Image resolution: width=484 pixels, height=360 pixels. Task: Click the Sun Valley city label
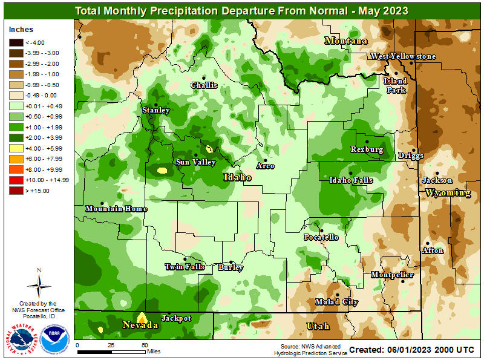pos(196,162)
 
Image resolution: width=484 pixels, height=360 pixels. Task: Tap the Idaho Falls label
pos(351,180)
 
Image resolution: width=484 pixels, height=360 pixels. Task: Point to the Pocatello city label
pos(321,237)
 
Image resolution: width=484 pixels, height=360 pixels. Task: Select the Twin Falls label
pos(185,267)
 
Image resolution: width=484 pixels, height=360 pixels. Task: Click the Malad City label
pos(337,302)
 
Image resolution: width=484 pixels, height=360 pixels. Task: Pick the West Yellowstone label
pos(403,56)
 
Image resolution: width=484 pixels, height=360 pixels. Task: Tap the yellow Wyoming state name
pos(448,193)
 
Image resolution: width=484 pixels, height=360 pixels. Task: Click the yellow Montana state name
pos(346,41)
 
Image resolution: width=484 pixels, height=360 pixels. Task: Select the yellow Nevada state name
pos(141,326)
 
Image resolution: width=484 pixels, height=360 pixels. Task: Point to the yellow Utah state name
pos(318,327)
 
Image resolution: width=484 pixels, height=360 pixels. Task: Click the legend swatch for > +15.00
pos(16,191)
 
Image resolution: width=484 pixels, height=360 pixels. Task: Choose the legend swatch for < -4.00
pos(16,42)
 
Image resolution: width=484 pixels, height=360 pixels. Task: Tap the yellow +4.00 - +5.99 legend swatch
pos(16,148)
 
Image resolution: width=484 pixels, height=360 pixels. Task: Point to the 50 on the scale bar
pos(144,345)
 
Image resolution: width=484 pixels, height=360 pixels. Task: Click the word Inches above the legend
pos(21,30)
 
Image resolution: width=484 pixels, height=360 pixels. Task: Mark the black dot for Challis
pos(204,77)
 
